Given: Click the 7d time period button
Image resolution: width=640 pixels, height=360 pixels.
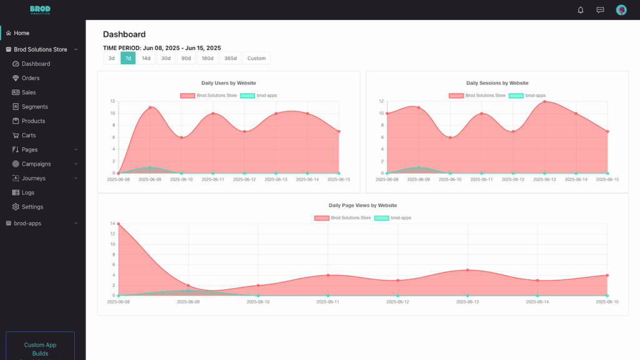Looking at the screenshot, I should [127, 58].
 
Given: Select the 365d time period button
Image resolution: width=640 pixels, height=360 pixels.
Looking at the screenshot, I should [230, 58].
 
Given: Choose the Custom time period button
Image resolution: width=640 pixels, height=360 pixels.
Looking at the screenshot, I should [256, 58].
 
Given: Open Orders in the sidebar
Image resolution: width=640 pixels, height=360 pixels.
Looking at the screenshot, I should [30, 78].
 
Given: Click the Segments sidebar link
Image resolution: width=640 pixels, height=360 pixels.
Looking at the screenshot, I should [34, 107].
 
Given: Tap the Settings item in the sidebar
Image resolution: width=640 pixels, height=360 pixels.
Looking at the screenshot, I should [32, 207].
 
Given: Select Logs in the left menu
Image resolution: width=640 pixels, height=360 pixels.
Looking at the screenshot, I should [28, 192].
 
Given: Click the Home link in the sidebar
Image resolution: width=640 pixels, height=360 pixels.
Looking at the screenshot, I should [21, 33].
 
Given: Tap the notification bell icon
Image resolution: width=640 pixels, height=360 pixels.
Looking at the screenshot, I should [581, 10].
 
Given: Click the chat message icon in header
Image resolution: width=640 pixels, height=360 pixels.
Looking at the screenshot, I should [600, 10].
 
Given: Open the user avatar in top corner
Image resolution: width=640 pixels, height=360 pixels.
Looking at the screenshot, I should [621, 10].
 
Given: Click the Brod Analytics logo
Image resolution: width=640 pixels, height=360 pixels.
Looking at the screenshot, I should [40, 10].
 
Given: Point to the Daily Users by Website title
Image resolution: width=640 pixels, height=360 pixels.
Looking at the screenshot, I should [228, 83].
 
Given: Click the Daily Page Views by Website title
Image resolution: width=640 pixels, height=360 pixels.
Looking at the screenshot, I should [362, 206].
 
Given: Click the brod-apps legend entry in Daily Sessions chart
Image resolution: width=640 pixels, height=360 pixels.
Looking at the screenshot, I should [528, 96].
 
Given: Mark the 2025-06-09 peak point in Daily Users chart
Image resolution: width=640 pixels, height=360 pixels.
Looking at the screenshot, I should [150, 107].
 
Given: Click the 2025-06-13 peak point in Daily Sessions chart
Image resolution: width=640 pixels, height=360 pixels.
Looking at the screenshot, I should [544, 101].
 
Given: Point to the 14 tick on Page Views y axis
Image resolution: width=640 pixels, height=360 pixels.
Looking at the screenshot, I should [112, 224].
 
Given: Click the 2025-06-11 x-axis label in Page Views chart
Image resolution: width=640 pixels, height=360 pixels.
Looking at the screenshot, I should [327, 302].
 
